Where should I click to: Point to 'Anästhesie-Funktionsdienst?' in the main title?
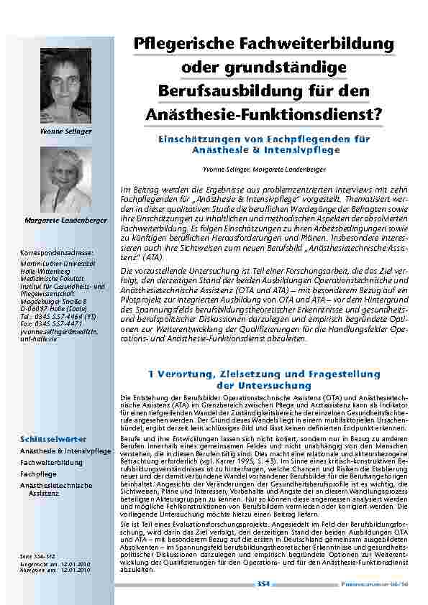click(x=263, y=114)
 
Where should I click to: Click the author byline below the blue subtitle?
click(x=264, y=168)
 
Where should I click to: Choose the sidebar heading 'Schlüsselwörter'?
click(x=54, y=438)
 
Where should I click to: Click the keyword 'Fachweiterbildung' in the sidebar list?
click(x=51, y=463)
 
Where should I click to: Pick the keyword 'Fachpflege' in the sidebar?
click(x=39, y=474)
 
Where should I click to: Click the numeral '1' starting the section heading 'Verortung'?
click(x=148, y=374)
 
